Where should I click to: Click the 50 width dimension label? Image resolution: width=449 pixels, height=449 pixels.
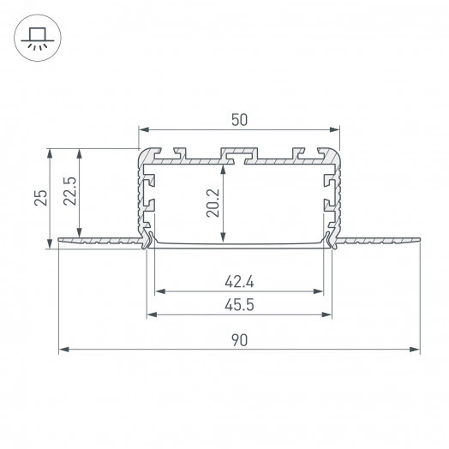[x=239, y=119]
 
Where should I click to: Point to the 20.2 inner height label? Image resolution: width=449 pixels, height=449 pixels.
[x=214, y=204]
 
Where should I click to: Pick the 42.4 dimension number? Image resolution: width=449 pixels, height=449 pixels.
[x=239, y=279]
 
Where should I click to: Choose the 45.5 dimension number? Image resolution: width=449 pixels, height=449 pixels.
[x=239, y=304]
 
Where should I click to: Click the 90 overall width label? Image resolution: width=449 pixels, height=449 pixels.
[x=239, y=340]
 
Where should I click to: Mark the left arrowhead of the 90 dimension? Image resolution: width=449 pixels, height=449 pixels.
[x=63, y=350]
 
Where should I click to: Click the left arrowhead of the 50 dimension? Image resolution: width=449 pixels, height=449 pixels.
[x=143, y=130]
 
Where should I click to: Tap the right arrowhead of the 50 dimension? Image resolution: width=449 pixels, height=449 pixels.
[x=336, y=130]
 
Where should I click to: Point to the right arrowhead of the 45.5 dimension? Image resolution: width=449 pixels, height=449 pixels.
[x=328, y=314]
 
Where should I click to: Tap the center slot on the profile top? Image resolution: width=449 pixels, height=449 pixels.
[x=238, y=155]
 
